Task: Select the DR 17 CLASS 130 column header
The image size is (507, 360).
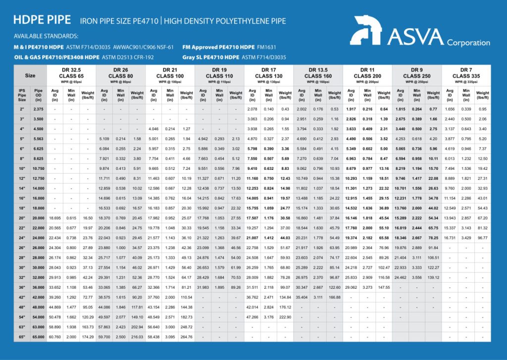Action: pyautogui.click(x=269, y=75)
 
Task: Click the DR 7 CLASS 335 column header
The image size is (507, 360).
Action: pyautogui.click(x=466, y=75)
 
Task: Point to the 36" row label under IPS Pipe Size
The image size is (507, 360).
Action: pyautogui.click(x=22, y=287)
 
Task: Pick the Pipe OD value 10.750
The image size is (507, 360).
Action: pyautogui.click(x=38, y=168)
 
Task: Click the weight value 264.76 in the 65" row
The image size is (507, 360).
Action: pyautogui.click(x=187, y=337)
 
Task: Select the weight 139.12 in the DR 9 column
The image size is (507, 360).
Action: pyautogui.click(x=433, y=277)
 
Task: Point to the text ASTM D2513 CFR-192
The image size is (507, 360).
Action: pyautogui.click(x=137, y=57)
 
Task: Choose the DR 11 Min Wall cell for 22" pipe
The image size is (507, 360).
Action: pyautogui.click(x=367, y=228)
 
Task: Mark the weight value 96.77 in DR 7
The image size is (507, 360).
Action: pyautogui.click(x=482, y=238)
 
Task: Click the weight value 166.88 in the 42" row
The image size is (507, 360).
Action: pyautogui.click(x=335, y=297)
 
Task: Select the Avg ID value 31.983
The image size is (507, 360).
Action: pyautogui.click(x=203, y=287)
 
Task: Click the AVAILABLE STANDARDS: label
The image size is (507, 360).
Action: pyautogui.click(x=46, y=36)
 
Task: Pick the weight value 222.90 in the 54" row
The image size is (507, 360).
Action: pyautogui.click(x=285, y=317)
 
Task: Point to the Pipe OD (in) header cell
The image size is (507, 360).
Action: pyautogui.click(x=38, y=94)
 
